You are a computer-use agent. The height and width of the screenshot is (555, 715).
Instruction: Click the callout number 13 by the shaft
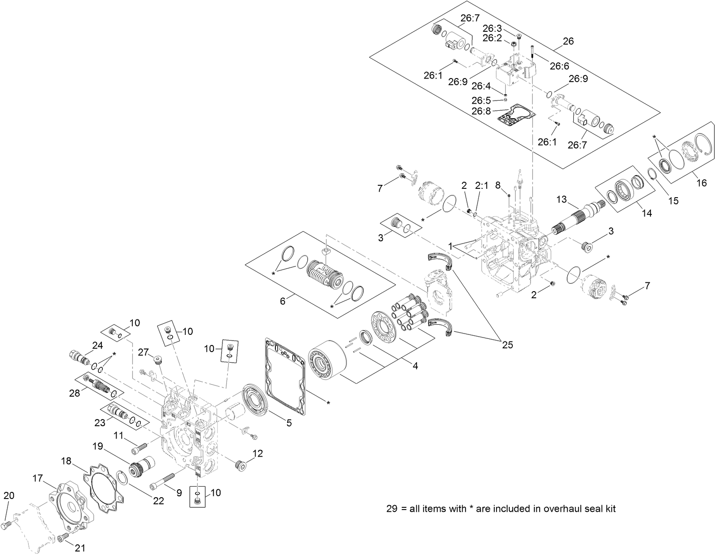click(x=561, y=200)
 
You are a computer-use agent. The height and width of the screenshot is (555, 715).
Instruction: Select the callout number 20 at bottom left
click(x=9, y=495)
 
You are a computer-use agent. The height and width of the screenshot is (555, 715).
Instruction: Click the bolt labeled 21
click(x=63, y=537)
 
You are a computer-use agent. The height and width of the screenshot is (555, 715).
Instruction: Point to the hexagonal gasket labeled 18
click(x=104, y=488)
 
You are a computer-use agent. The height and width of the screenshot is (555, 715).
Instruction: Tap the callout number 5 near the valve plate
click(x=289, y=423)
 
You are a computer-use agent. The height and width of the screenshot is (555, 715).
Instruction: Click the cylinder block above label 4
click(x=325, y=361)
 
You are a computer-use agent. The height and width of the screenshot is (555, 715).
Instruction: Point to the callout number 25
click(x=508, y=345)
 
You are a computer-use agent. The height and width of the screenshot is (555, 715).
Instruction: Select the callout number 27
click(x=143, y=352)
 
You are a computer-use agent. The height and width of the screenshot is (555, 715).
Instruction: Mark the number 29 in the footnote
click(x=392, y=509)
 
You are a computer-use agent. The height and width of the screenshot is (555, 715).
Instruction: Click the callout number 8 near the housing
click(x=498, y=185)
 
